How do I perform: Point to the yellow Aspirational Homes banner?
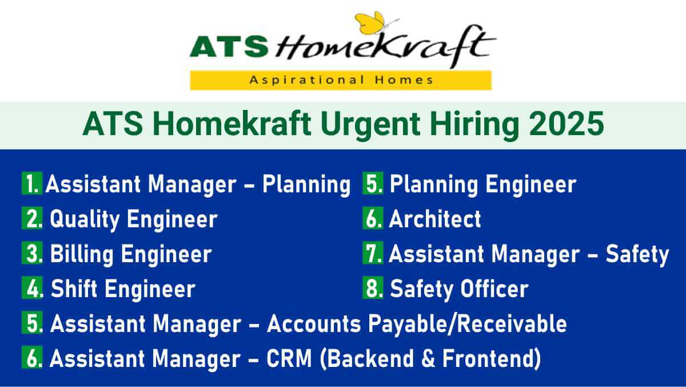[341, 80]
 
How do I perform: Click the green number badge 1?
[32, 184]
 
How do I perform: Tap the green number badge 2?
[33, 219]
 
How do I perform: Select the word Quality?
[85, 219]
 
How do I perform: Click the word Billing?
[82, 254]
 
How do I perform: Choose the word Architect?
[435, 219]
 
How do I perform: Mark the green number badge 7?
[373, 254]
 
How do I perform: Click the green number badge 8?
[373, 289]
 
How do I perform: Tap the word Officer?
[494, 289]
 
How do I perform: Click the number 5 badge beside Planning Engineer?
[373, 184]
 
